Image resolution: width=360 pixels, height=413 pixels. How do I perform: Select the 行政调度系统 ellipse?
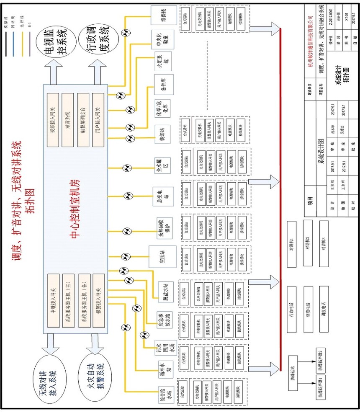pos(98,42)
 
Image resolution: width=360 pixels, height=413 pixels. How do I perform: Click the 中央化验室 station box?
pos(159,39)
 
